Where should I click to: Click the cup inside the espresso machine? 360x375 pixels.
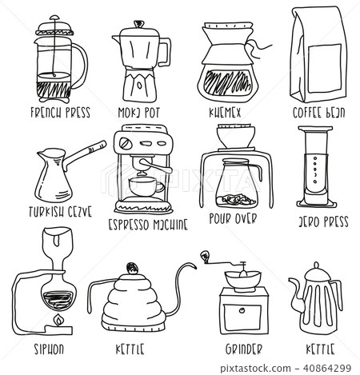pyautogui.click(x=145, y=186)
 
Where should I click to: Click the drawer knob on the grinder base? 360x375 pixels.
pyautogui.click(x=240, y=315)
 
